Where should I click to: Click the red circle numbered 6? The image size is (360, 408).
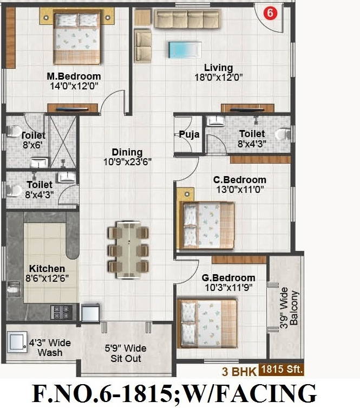tap(270, 13)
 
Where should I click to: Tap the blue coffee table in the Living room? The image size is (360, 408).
tap(185, 50)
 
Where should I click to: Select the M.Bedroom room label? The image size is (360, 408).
tap(74, 76)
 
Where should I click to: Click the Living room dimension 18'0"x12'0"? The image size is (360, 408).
tap(219, 77)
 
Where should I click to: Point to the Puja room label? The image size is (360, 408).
tap(189, 134)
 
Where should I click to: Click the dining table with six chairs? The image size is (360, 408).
tap(128, 250)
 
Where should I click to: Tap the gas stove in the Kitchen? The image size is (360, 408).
tap(61, 312)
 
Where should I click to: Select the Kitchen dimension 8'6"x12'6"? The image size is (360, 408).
tap(47, 279)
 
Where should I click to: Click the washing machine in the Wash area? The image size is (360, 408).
tap(17, 342)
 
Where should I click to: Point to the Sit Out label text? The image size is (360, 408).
tap(126, 358)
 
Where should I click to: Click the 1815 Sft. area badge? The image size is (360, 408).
tap(282, 370)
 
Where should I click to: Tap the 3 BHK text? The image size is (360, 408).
tap(239, 371)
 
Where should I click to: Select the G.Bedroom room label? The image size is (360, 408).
tap(228, 278)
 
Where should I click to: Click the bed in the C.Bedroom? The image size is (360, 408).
tap(206, 225)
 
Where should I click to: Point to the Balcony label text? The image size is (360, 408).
tap(294, 308)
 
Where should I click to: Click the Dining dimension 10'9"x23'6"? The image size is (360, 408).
tap(127, 162)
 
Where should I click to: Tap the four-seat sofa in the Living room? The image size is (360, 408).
tap(187, 19)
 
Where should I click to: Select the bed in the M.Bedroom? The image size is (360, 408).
tap(77, 37)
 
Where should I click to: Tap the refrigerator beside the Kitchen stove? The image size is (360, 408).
tap(90, 313)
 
